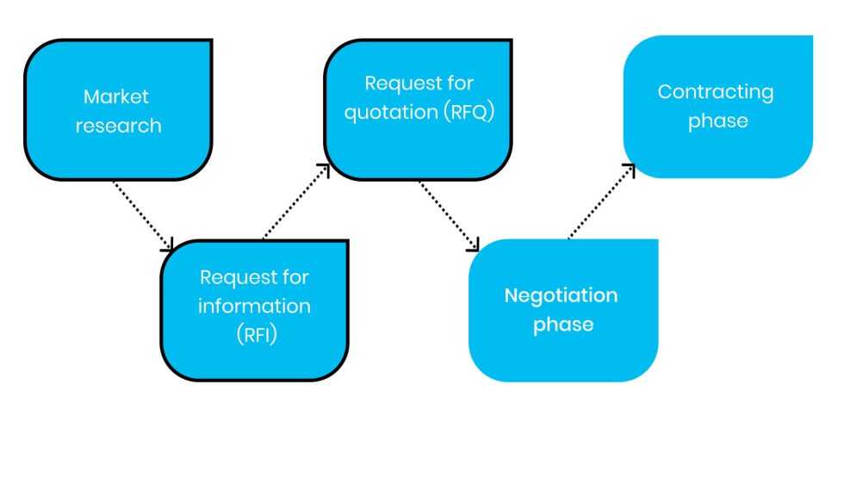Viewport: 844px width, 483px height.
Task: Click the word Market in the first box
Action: click(116, 96)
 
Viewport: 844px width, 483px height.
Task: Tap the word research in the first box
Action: click(118, 126)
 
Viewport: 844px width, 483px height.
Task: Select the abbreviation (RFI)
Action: click(255, 335)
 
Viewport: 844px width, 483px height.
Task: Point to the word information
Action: click(255, 307)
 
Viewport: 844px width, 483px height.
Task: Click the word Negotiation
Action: click(561, 295)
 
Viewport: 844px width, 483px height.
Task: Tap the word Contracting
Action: click(716, 91)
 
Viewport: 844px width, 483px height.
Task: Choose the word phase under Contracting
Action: click(717, 121)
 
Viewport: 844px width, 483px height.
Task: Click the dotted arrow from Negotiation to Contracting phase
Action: click(600, 203)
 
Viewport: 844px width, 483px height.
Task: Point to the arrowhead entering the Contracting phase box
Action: click(630, 170)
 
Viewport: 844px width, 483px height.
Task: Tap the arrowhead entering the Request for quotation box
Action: click(324, 169)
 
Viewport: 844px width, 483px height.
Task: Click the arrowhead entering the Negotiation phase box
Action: click(473, 245)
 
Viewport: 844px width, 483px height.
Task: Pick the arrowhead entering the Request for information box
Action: click(169, 245)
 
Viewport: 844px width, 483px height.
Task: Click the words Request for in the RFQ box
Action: click(419, 84)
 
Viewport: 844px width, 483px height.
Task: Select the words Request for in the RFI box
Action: click(254, 277)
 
